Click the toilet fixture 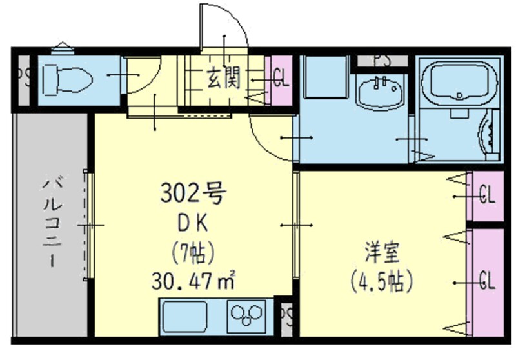tap(66, 81)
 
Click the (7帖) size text tap(192, 250)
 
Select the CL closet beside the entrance tap(281, 81)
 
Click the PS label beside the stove tap(286, 316)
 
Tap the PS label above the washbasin tap(382, 60)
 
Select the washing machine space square tap(326, 77)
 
